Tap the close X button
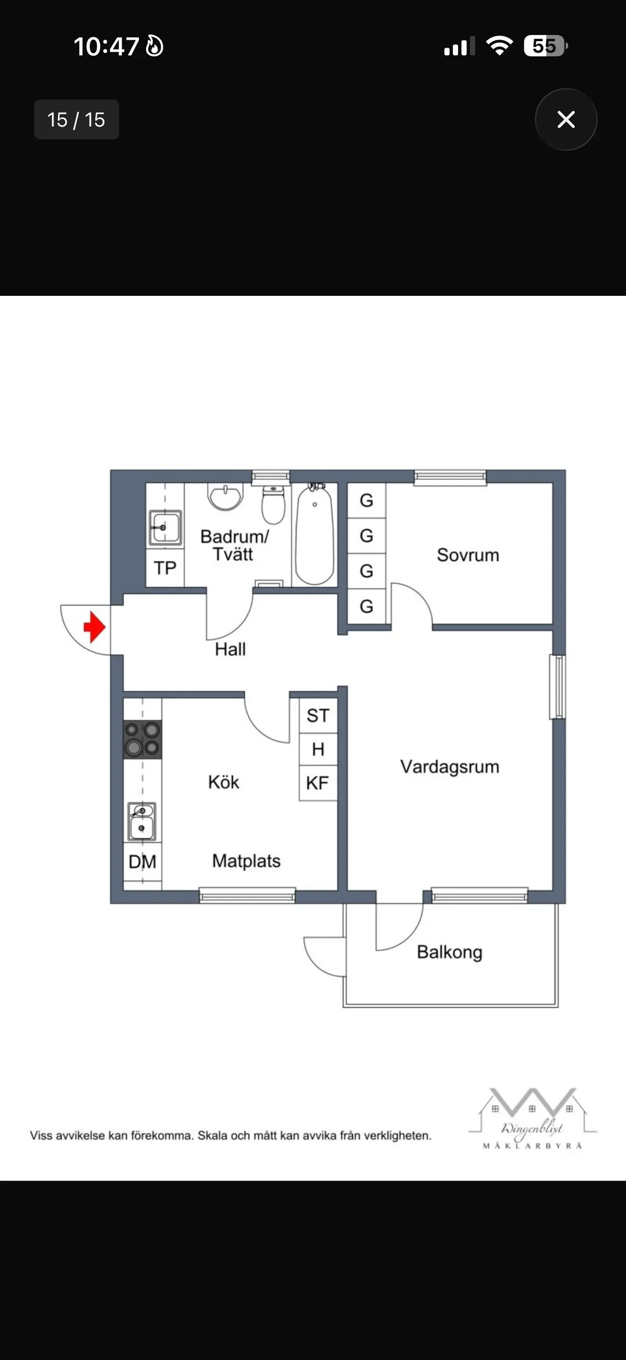click(x=566, y=119)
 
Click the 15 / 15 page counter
click(x=77, y=120)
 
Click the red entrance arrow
click(x=94, y=627)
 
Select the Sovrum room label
click(x=467, y=555)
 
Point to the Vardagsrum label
click(x=449, y=766)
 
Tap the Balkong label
click(x=449, y=952)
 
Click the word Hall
click(x=230, y=649)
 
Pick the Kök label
click(x=223, y=782)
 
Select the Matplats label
click(x=246, y=861)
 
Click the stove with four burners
click(x=142, y=739)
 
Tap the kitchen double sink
click(x=142, y=821)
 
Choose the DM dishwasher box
click(x=142, y=862)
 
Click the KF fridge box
click(x=318, y=783)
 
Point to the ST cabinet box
click(x=318, y=715)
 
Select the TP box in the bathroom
click(x=165, y=568)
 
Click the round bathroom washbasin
click(x=226, y=496)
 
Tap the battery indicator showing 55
click(x=545, y=46)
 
